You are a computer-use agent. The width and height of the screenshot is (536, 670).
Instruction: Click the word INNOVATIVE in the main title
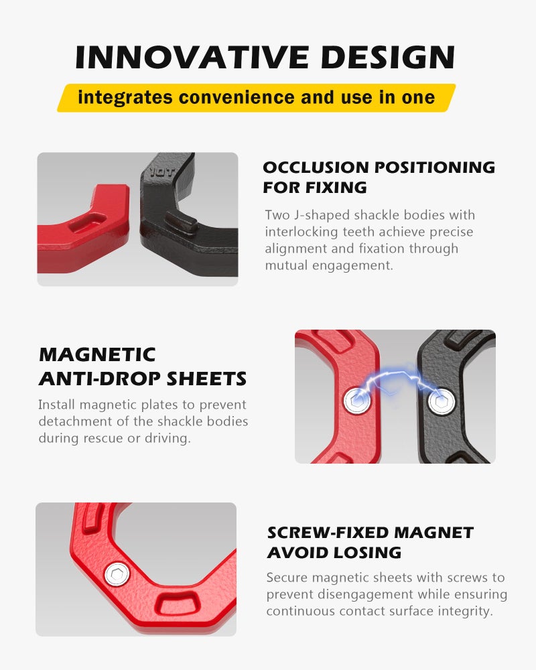[192, 57]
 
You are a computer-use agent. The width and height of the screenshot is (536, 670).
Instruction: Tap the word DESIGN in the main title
[388, 57]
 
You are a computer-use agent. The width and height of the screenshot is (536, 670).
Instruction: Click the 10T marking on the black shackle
[162, 172]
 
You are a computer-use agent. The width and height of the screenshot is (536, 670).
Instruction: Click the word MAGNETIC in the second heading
[97, 354]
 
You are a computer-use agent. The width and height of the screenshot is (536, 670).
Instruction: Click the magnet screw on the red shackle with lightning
[357, 400]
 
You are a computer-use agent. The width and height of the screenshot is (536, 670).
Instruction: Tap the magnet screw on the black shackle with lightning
[442, 401]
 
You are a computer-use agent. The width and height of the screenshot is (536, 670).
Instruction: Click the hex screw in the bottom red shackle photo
[117, 574]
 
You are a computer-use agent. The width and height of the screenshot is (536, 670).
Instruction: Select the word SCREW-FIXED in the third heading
[328, 533]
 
